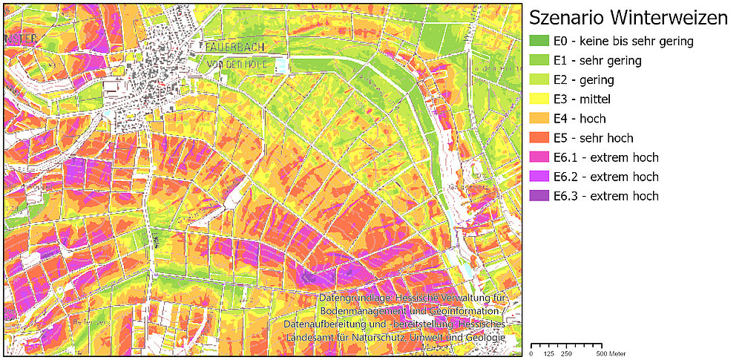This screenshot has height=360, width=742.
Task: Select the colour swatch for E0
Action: (539, 42)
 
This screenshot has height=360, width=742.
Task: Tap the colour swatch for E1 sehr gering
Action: (539, 61)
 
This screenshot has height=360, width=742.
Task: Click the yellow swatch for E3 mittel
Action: (539, 99)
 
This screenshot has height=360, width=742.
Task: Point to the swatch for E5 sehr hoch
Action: (539, 138)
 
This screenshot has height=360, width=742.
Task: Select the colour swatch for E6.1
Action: (539, 157)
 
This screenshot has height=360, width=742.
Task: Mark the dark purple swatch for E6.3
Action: (539, 196)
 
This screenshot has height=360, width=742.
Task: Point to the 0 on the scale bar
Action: (531, 353)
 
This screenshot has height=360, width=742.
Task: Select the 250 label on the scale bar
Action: (566, 353)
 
